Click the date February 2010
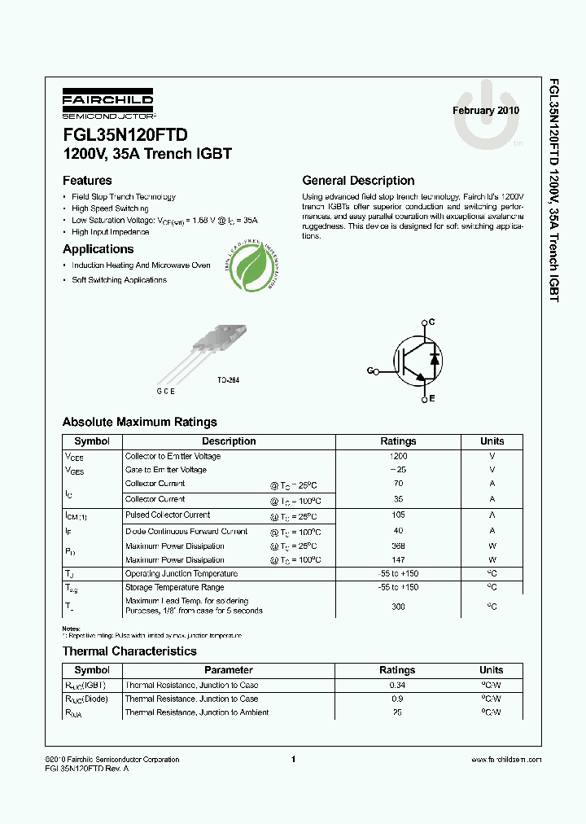coord(485,111)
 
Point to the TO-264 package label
coord(228,380)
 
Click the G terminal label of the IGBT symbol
coord(370,370)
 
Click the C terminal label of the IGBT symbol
coord(431,322)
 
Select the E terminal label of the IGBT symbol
coord(431,398)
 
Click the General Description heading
coord(358,181)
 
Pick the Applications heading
coord(98,249)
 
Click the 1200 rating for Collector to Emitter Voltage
coord(398,456)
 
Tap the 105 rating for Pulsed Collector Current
coord(398,515)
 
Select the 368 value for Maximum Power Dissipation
coord(398,546)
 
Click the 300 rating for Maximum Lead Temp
coord(398,607)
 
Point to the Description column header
coord(229,441)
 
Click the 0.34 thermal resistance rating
coord(398,685)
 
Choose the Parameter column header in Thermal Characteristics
coord(229,670)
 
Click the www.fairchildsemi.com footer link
coord(505,760)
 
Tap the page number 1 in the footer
coord(293,760)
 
